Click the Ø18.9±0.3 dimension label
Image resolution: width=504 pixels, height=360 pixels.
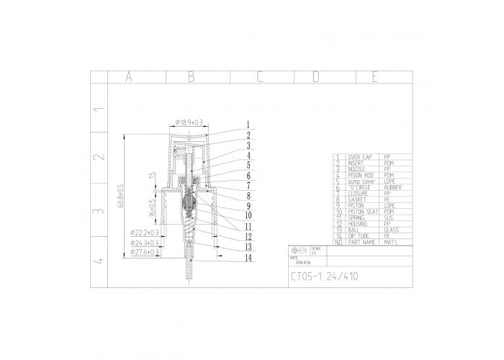(189, 122)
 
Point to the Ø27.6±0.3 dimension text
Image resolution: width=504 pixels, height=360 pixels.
(145, 252)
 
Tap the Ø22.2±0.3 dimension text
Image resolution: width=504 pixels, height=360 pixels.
(145, 233)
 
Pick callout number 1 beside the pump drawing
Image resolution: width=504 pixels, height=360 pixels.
(247, 124)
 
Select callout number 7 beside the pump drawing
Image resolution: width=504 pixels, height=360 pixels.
(247, 186)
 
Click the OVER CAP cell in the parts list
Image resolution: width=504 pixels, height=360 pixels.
(360, 157)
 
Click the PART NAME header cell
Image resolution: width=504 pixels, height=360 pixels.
(361, 242)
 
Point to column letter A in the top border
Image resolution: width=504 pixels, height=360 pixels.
(129, 77)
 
